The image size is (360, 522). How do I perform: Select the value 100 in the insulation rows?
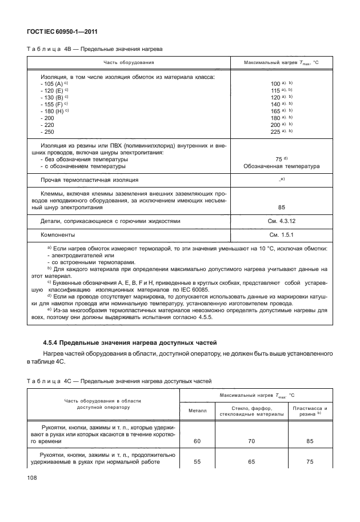pyautogui.click(x=274, y=83)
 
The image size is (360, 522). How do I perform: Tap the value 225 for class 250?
pyautogui.click(x=275, y=132)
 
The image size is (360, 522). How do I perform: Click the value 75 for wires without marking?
pyautogui.click(x=278, y=160)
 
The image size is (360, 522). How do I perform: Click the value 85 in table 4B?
pyautogui.click(x=281, y=208)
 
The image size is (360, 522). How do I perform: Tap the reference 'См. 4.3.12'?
pyautogui.click(x=281, y=221)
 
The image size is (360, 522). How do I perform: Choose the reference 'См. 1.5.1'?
pyautogui.click(x=281, y=235)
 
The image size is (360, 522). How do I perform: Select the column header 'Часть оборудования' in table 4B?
pyautogui.click(x=129, y=62)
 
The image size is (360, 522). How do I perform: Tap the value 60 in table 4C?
pyautogui.click(x=197, y=441)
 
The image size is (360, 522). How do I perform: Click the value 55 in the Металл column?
pyautogui.click(x=197, y=462)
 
